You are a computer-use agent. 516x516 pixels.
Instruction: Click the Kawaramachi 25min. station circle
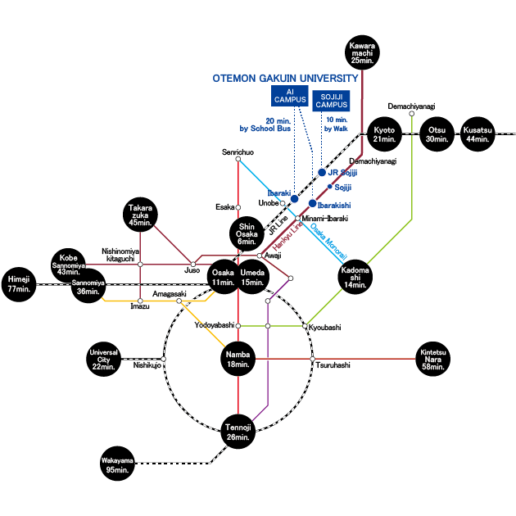click(x=362, y=52)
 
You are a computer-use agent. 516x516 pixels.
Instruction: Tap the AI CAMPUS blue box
click(x=290, y=96)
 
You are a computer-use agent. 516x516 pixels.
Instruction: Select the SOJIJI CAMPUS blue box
click(x=331, y=101)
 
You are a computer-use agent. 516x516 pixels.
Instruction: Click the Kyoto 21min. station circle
click(x=384, y=134)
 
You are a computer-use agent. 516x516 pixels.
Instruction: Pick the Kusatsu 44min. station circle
click(x=478, y=134)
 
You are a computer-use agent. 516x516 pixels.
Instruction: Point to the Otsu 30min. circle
click(x=437, y=134)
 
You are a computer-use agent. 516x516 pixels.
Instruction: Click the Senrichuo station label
click(x=238, y=152)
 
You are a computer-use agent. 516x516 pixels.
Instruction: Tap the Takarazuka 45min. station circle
click(x=140, y=215)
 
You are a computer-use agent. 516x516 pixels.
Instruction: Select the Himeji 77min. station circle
click(x=19, y=284)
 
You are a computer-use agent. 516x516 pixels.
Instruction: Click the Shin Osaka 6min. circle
click(x=247, y=233)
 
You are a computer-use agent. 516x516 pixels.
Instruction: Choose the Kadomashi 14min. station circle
click(x=355, y=277)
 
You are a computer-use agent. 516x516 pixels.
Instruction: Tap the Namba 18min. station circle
click(x=238, y=359)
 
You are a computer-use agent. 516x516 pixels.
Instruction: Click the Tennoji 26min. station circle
click(x=238, y=432)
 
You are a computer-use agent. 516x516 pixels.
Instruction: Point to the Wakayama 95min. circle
click(x=117, y=464)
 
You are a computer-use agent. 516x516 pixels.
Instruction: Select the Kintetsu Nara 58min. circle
click(x=432, y=359)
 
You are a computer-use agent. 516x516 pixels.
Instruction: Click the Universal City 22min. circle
click(x=104, y=359)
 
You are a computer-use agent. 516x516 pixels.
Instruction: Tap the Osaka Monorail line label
click(x=328, y=242)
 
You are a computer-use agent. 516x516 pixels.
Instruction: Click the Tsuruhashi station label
click(x=333, y=365)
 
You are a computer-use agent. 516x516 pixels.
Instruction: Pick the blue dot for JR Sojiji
click(x=322, y=173)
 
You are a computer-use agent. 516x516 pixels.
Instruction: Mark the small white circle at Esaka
click(x=238, y=207)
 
